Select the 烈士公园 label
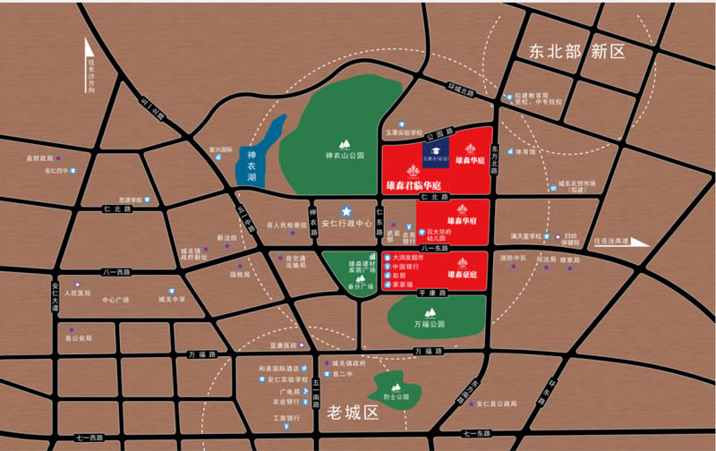[395, 396]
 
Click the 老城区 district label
[354, 413]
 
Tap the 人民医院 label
[78, 293]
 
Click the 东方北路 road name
[494, 152]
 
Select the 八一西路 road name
[117, 270]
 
